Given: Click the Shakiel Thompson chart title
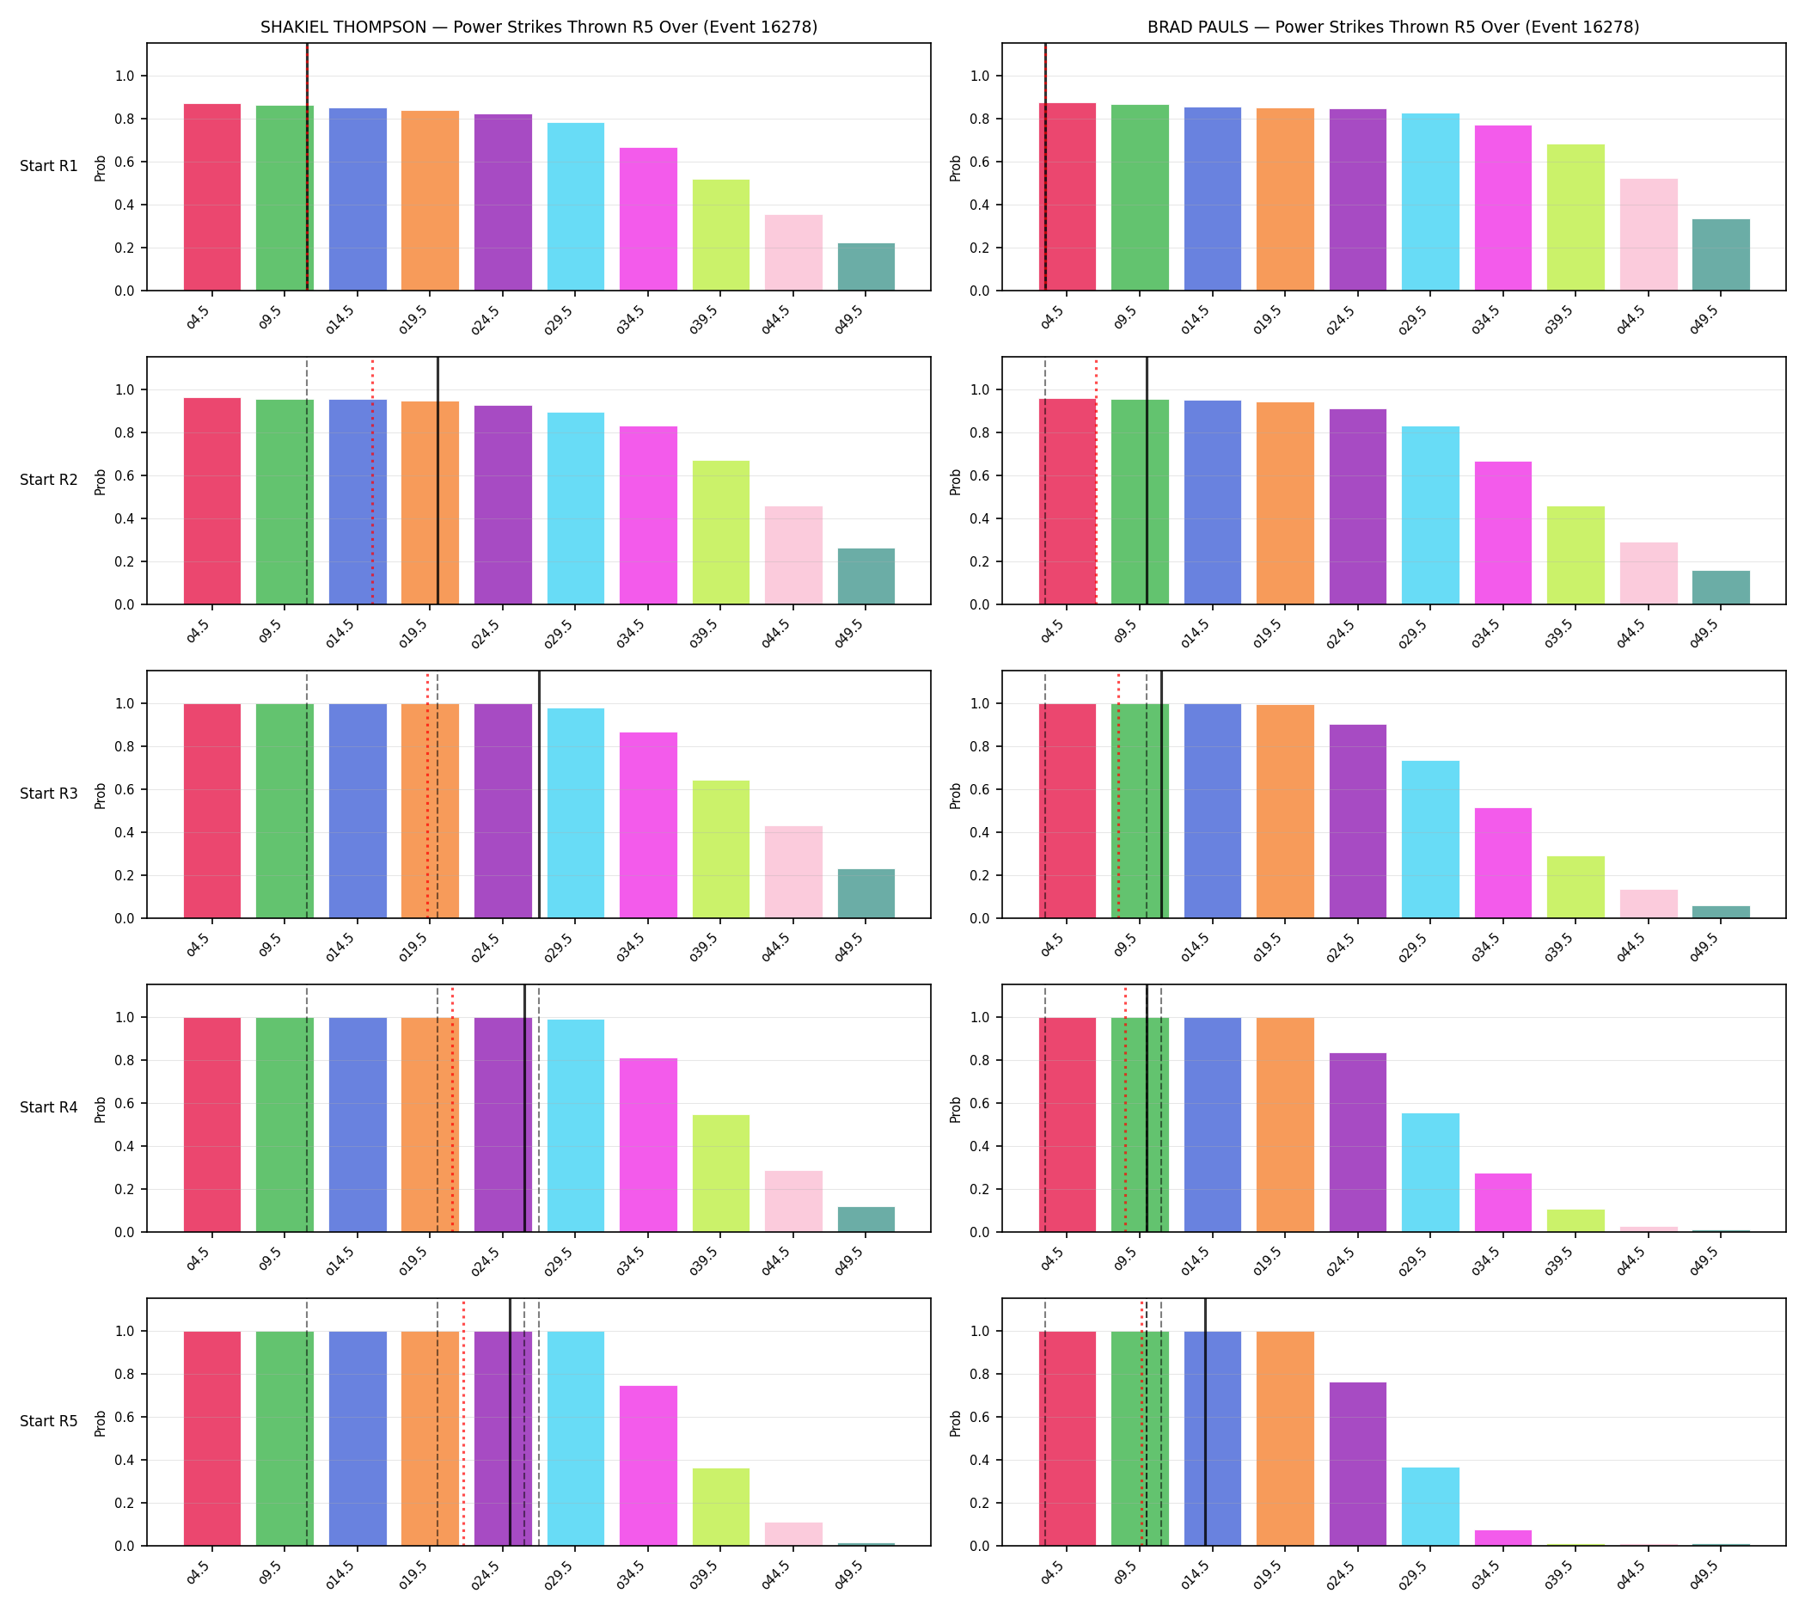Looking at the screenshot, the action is [538, 28].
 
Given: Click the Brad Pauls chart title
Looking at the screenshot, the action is [1393, 28].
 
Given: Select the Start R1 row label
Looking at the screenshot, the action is [49, 167].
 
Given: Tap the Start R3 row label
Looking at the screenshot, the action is [49, 794].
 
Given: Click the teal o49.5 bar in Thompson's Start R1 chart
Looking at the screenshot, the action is [866, 267].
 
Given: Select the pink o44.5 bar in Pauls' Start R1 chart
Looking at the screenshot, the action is [1649, 235].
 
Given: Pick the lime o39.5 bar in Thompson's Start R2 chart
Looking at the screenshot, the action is [721, 532].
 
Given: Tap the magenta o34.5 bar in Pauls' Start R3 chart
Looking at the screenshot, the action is [1503, 862].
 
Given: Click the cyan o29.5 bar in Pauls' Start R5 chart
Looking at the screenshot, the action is [1430, 1506].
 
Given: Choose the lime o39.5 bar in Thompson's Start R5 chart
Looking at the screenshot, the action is [721, 1506].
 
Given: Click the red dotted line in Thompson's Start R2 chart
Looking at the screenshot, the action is [372, 481].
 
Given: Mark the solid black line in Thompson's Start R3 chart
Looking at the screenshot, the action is [540, 794].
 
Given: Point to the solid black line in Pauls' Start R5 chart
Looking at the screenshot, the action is [1204, 1422].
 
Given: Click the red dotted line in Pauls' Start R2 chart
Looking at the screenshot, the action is [1096, 481].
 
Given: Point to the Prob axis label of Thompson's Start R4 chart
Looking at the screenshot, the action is [100, 1109].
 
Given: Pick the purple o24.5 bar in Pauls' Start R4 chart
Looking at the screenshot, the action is [1358, 1143].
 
